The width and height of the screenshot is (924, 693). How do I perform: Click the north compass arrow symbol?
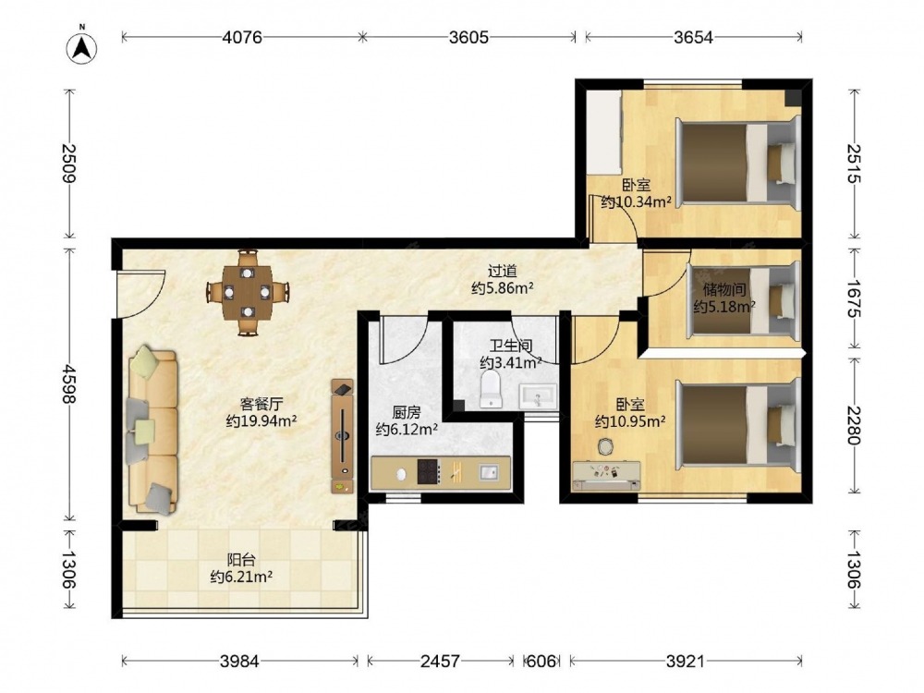(x=82, y=47)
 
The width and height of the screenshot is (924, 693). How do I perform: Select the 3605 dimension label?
(x=468, y=37)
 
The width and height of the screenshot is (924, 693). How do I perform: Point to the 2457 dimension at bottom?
(x=440, y=662)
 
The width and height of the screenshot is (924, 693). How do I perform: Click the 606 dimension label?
(x=541, y=662)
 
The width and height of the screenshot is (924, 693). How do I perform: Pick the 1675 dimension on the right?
(x=853, y=298)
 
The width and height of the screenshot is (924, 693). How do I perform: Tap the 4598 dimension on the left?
(x=69, y=384)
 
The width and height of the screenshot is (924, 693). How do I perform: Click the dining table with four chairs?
(x=248, y=292)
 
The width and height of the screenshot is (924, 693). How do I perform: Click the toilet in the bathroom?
(x=491, y=390)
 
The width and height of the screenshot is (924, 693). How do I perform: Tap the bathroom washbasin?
(x=538, y=396)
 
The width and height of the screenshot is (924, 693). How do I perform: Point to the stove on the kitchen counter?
(x=429, y=471)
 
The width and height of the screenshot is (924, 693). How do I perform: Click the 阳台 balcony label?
(x=241, y=560)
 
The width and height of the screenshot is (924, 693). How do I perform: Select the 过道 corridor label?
(x=502, y=271)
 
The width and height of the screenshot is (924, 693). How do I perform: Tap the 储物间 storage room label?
(x=724, y=289)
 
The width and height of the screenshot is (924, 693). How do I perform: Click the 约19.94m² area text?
(x=261, y=420)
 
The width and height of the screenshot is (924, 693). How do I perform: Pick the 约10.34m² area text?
(x=637, y=202)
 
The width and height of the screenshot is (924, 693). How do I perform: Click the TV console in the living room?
(x=343, y=436)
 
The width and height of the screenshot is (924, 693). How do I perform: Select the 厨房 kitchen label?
(x=407, y=412)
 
